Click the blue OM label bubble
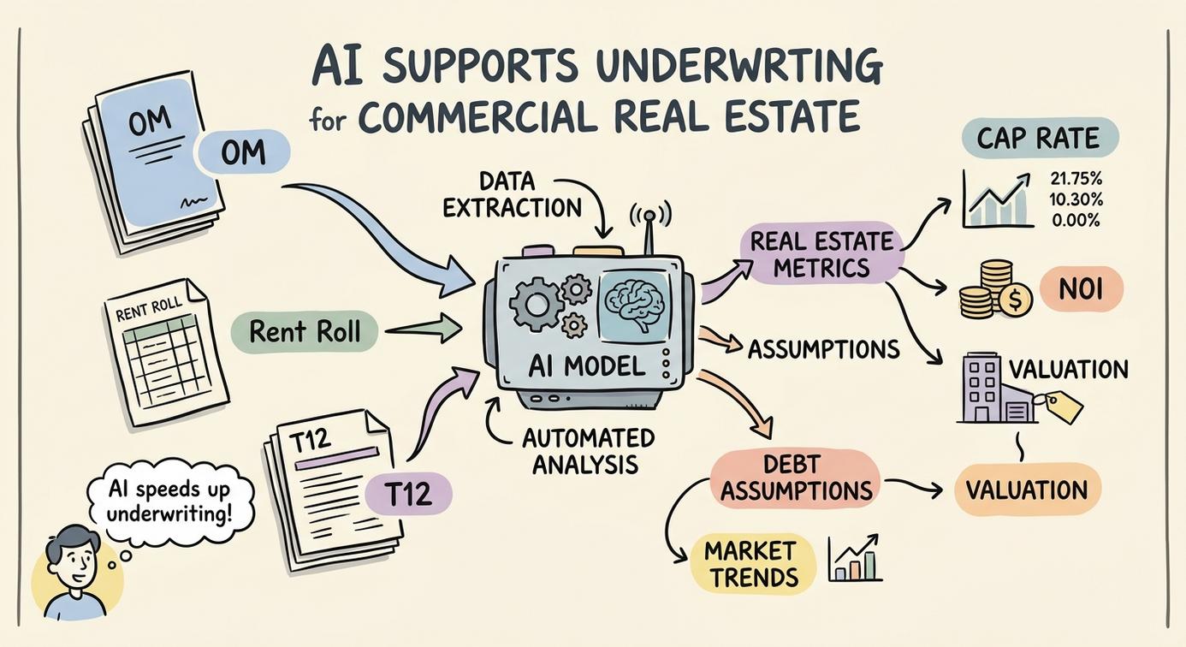pos(244,152)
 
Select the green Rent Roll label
pos(305,332)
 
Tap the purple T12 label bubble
pos(408,494)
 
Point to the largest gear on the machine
pos(536,305)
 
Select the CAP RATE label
pos(1040,138)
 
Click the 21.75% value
pos(1076,178)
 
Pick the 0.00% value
pos(1076,220)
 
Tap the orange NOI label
pos(1081,288)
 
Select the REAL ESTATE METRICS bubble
pos(821,254)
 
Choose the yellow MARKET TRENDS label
pos(753,563)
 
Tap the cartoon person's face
pos(75,561)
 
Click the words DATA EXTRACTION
pos(512,195)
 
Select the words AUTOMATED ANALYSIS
pos(588,451)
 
